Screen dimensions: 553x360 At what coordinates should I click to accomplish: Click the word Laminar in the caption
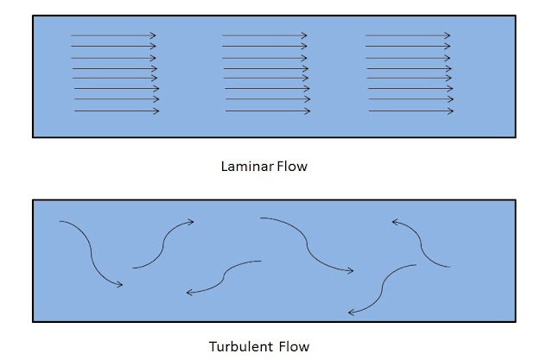pyautogui.click(x=247, y=167)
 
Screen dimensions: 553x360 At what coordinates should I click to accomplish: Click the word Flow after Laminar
pyautogui.click(x=292, y=167)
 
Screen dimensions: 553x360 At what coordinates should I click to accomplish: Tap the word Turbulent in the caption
pyautogui.click(x=241, y=346)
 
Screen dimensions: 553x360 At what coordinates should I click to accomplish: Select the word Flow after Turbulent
pyautogui.click(x=294, y=346)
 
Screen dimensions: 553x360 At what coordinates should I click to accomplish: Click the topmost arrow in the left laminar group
pyautogui.click(x=113, y=35)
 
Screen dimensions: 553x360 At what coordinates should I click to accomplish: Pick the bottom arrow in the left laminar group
pyautogui.click(x=117, y=111)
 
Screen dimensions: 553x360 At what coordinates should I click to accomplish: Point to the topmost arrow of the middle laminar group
pyautogui.click(x=264, y=35)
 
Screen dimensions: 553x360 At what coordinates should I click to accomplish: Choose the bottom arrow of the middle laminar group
pyautogui.click(x=268, y=111)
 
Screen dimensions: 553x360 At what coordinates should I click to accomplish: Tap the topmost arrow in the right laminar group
pyautogui.click(x=408, y=35)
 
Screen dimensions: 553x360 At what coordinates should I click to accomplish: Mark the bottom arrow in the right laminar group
pyautogui.click(x=411, y=111)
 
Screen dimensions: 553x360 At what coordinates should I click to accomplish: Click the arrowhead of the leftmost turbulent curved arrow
pyautogui.click(x=120, y=284)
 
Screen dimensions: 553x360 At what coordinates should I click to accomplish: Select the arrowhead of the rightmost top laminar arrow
pyautogui.click(x=448, y=35)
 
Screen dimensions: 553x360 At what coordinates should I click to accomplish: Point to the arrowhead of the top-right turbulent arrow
pyautogui.click(x=395, y=222)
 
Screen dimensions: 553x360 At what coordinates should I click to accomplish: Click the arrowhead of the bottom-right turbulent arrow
pyautogui.click(x=352, y=313)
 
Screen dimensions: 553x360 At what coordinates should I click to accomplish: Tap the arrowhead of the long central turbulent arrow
pyautogui.click(x=351, y=271)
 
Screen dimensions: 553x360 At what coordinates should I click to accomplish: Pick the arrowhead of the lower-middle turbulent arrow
pyautogui.click(x=190, y=293)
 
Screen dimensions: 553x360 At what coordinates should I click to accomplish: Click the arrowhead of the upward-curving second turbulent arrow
pyautogui.click(x=191, y=222)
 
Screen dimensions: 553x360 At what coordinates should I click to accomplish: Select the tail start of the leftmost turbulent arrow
pyautogui.click(x=60, y=221)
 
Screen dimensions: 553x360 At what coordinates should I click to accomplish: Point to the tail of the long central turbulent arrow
pyautogui.click(x=261, y=218)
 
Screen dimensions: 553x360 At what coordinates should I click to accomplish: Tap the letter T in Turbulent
pyautogui.click(x=213, y=346)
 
